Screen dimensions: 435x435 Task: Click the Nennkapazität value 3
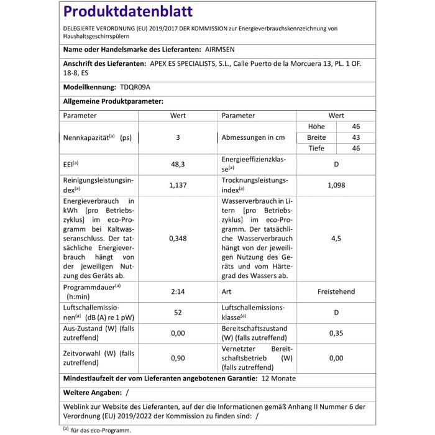[x=178, y=137]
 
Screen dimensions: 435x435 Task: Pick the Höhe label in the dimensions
[x=316, y=126]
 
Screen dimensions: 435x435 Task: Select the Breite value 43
[x=356, y=137]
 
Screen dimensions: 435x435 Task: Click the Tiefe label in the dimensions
[x=317, y=149]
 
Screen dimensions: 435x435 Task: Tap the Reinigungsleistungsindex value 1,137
[x=178, y=185]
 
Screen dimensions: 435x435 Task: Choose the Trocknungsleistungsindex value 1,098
[x=336, y=185]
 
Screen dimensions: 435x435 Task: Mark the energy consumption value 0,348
[x=178, y=238]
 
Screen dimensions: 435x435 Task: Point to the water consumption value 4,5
[x=336, y=238]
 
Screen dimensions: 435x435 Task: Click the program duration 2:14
[x=178, y=291]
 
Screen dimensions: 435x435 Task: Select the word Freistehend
[x=336, y=291]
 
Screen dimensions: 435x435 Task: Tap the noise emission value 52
[x=178, y=312]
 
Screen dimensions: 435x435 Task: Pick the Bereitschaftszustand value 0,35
[x=336, y=333]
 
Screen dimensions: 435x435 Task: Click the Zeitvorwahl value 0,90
[x=178, y=358]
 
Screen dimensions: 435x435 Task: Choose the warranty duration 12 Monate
[x=278, y=378]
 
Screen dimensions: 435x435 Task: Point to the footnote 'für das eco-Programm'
[x=101, y=429]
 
